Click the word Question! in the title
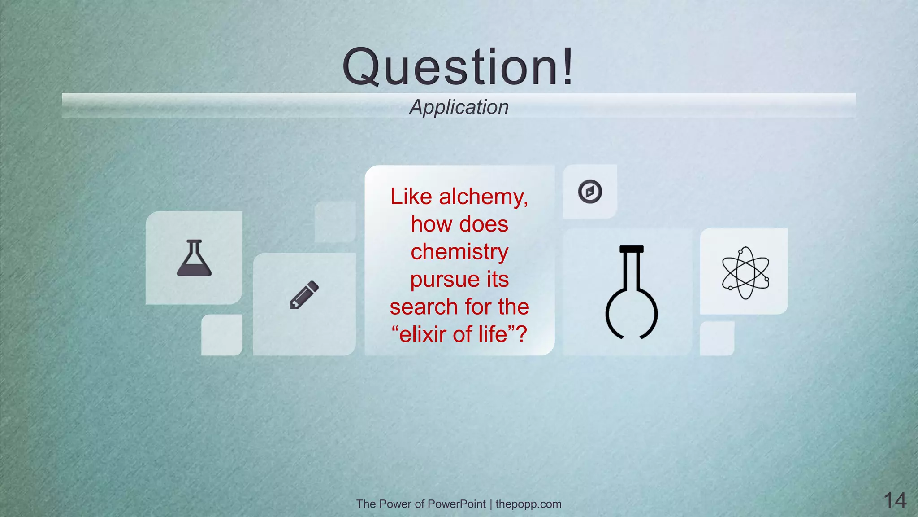(x=458, y=67)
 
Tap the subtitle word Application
(x=459, y=107)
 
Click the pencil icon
(x=304, y=295)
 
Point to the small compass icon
(x=590, y=192)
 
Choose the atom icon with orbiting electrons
(x=745, y=272)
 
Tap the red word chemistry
(x=459, y=252)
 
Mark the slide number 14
(x=895, y=500)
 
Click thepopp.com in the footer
(x=528, y=504)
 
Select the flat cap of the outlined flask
(x=631, y=249)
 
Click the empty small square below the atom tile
(x=717, y=338)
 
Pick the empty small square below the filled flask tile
(x=222, y=335)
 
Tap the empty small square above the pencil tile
(x=335, y=222)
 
